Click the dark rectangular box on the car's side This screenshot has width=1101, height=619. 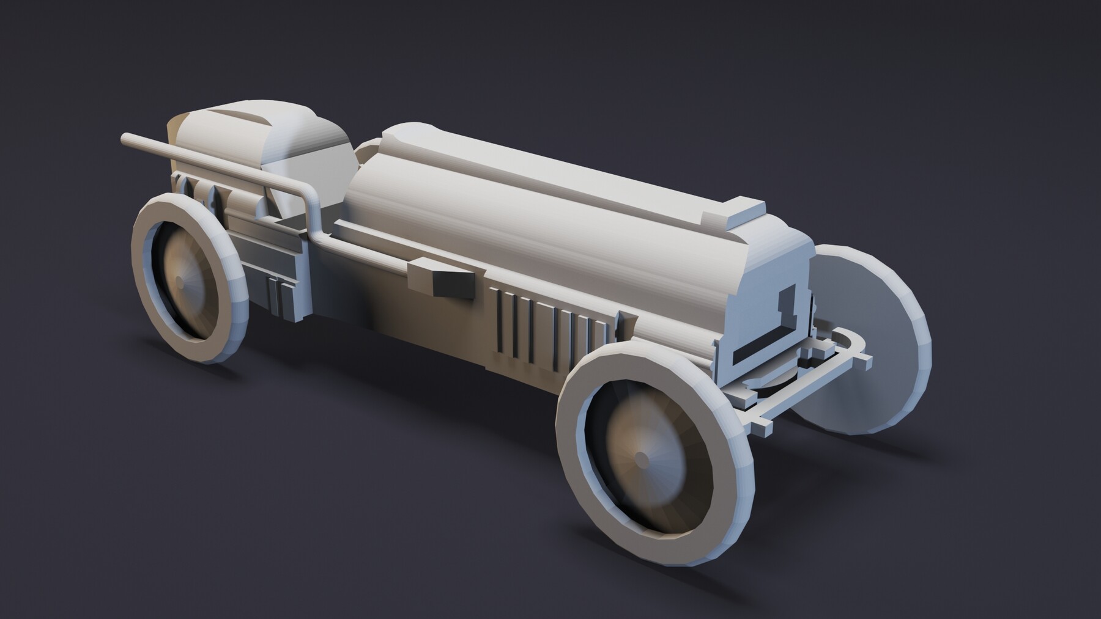pyautogui.click(x=451, y=284)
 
